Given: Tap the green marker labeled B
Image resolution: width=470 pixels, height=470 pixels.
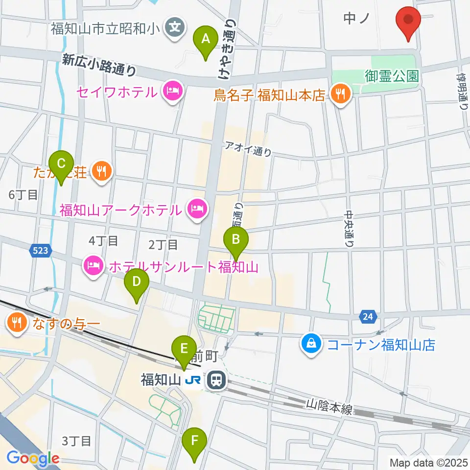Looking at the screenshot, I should [236, 240].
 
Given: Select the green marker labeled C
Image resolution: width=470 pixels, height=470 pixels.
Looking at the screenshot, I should [62, 164].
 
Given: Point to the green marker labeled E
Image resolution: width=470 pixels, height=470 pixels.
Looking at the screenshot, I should [184, 349].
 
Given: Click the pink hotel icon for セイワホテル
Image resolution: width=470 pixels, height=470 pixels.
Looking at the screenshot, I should [172, 91].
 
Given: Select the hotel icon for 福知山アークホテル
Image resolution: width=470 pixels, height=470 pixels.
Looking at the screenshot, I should [198, 211].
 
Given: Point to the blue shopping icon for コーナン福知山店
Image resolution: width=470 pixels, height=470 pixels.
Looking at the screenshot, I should [311, 345].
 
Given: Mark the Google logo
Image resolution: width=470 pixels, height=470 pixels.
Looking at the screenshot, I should [33, 458].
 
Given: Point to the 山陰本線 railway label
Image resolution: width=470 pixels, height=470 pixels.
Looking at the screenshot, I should [329, 407].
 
